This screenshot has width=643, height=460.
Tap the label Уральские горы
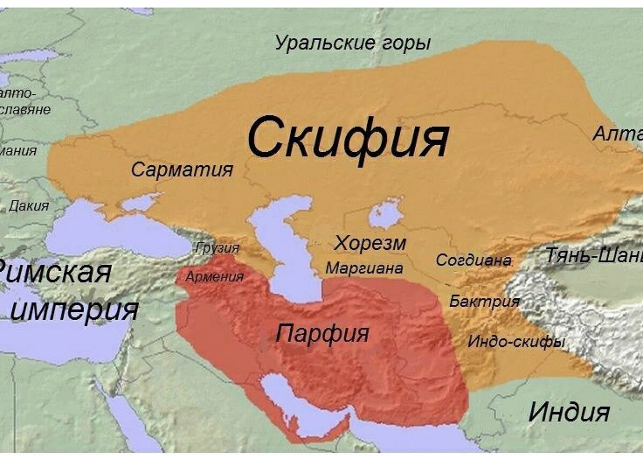pos(353,43)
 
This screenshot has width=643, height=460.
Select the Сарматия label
pos(182,170)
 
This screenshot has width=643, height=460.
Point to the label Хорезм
pos(370,243)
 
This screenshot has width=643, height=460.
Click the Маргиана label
pos(364,268)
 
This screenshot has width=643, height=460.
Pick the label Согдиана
pos(473,261)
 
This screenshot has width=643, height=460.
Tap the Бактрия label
pos(484,301)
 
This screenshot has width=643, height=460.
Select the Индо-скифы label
pos(517,341)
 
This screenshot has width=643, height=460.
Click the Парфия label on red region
pos(323,333)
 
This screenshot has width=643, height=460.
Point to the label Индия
pos(569,412)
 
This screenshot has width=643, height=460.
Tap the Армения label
pos(214,277)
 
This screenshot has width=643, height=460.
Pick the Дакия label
pos(29,205)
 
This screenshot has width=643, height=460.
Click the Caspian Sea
pos(287,252)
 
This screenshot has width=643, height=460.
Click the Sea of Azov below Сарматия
pos(140,202)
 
